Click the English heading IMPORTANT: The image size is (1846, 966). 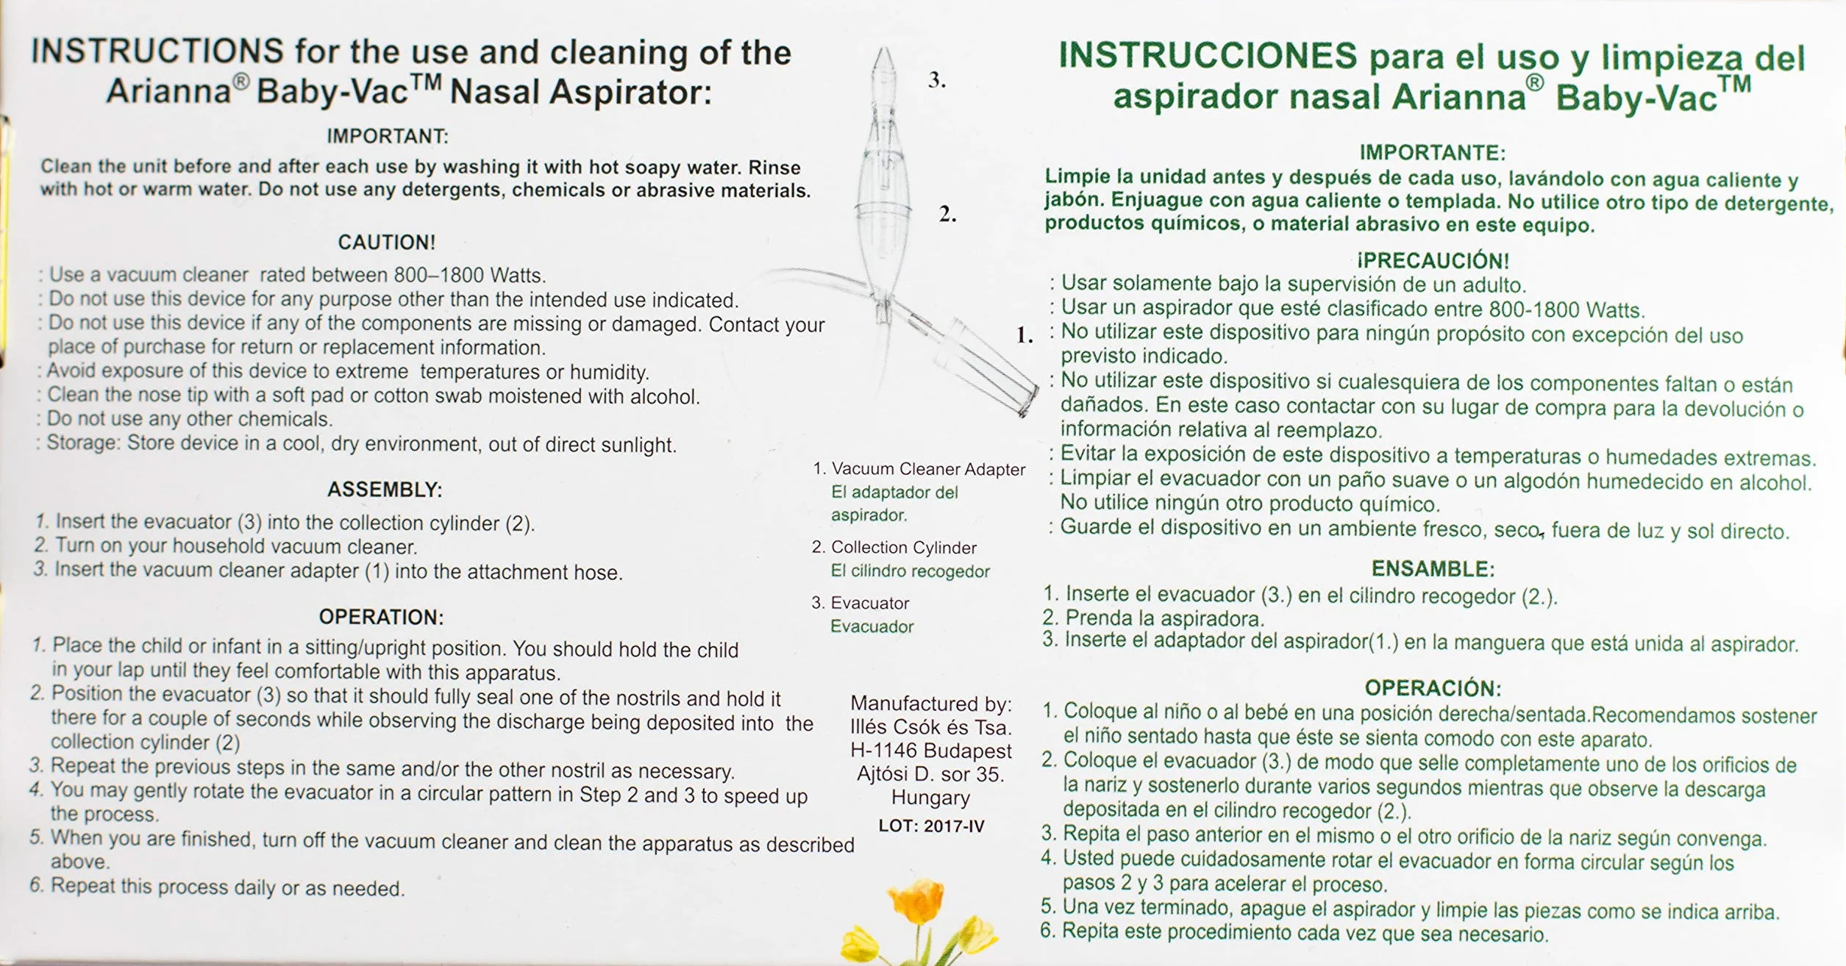pyautogui.click(x=388, y=137)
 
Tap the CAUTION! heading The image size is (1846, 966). pyautogui.click(x=387, y=242)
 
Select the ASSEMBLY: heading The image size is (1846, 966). pyautogui.click(x=385, y=490)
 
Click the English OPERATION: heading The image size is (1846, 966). pyautogui.click(x=381, y=617)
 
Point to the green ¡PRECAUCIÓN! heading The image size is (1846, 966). pyautogui.click(x=1433, y=260)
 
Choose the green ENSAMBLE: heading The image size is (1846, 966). pyautogui.click(x=1433, y=569)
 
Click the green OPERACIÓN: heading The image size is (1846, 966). pyautogui.click(x=1433, y=688)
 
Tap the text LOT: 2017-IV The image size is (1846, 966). pyautogui.click(x=931, y=826)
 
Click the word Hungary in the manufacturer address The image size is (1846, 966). pyautogui.click(x=930, y=798)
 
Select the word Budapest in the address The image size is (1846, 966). pyautogui.click(x=967, y=751)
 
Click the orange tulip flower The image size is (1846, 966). pyautogui.click(x=916, y=902)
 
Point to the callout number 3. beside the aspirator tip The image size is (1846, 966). pyautogui.click(x=937, y=79)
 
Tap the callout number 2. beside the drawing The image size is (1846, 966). pyautogui.click(x=947, y=214)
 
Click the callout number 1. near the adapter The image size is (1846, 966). pyautogui.click(x=1024, y=335)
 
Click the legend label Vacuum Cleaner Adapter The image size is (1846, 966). pyautogui.click(x=928, y=469)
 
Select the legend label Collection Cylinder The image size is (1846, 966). pyautogui.click(x=904, y=548)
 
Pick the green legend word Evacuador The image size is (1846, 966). pyautogui.click(x=872, y=626)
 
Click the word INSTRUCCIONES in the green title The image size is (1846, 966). pyautogui.click(x=1208, y=56)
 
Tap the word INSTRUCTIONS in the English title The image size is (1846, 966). pyautogui.click(x=157, y=51)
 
